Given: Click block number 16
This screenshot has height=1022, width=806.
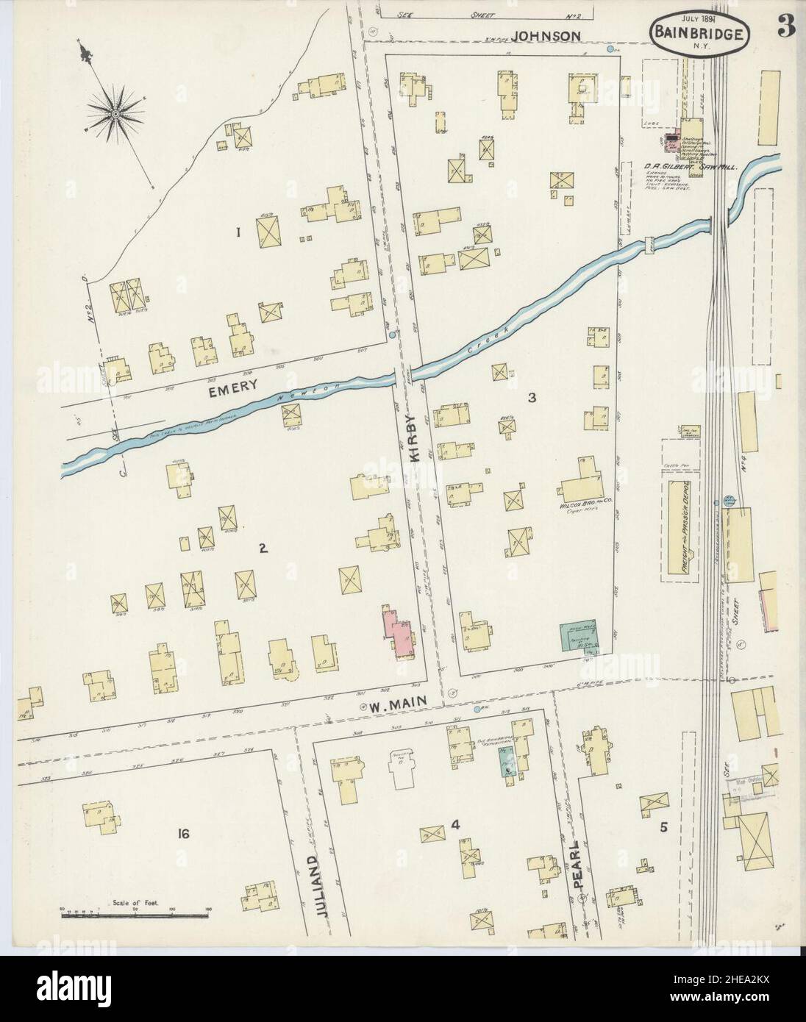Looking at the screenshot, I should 183,833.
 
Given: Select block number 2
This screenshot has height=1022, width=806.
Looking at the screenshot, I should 261,547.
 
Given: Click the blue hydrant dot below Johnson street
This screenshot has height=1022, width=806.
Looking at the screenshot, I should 611,50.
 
